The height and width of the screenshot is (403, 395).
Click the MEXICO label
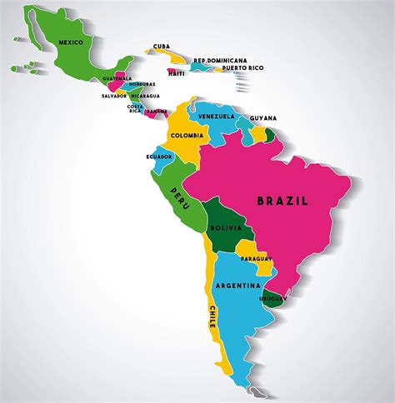(x=70, y=41)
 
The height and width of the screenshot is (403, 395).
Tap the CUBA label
(x=161, y=47)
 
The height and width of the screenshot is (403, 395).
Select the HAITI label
(x=176, y=72)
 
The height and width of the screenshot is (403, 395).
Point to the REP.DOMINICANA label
(x=220, y=60)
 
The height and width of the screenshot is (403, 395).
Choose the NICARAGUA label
(x=144, y=96)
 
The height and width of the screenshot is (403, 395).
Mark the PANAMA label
(x=156, y=111)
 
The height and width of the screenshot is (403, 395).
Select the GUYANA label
(x=262, y=118)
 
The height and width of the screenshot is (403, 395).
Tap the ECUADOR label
(x=159, y=157)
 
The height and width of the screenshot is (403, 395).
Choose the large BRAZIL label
(x=282, y=201)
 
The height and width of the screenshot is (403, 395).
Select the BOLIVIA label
(x=226, y=226)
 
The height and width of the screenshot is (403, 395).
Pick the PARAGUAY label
(x=257, y=259)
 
